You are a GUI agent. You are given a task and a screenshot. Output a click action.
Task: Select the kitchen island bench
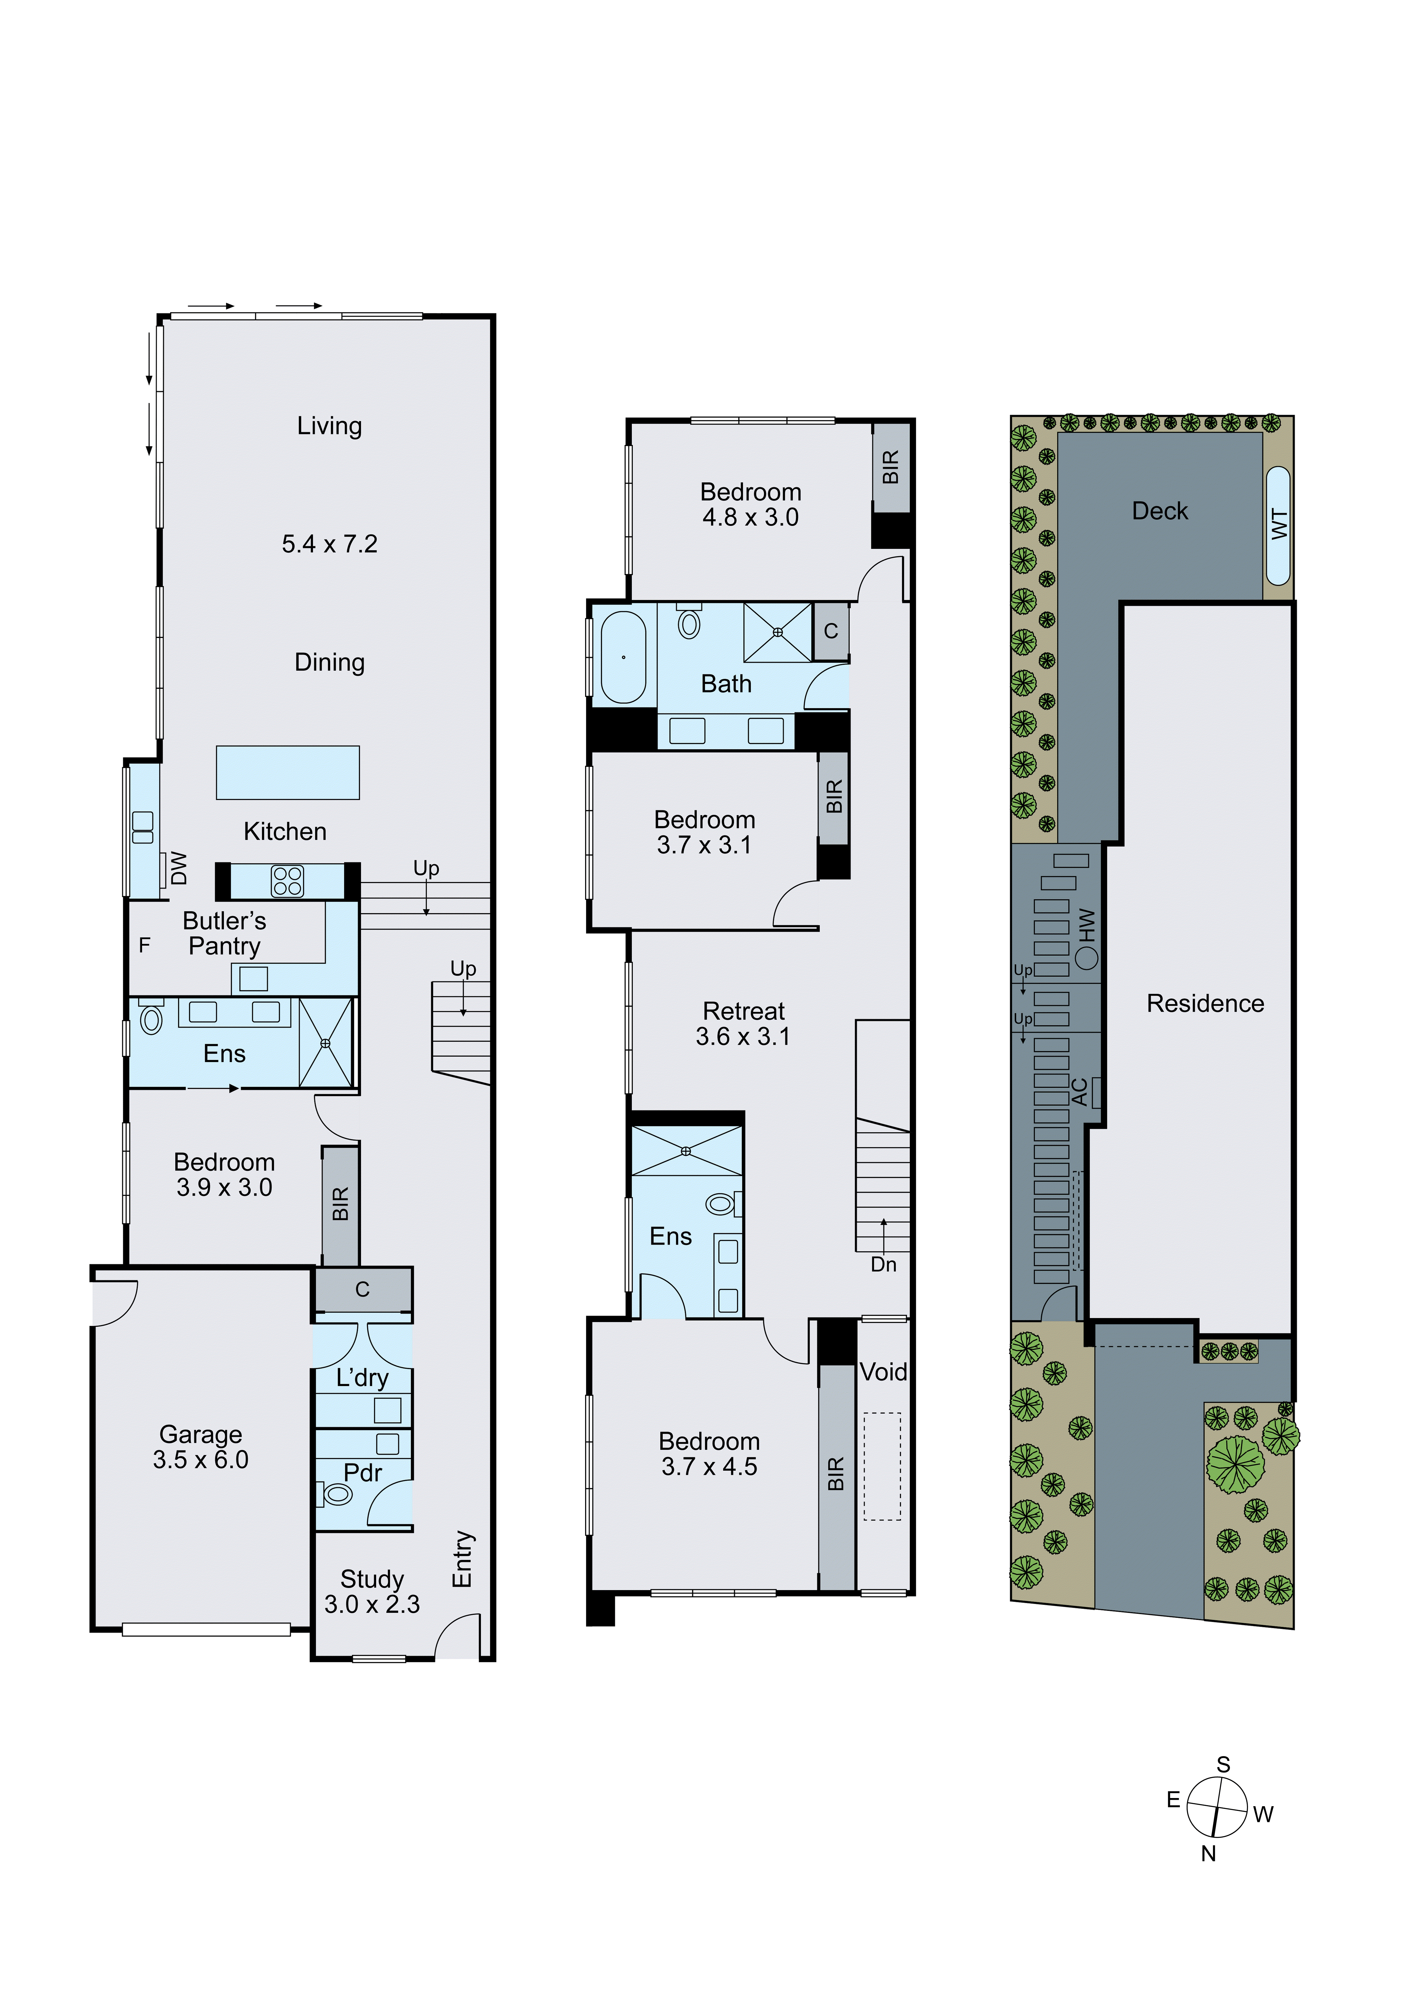click(x=288, y=772)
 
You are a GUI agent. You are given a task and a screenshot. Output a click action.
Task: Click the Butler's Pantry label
click(x=224, y=933)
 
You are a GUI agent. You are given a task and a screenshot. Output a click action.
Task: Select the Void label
click(x=883, y=1372)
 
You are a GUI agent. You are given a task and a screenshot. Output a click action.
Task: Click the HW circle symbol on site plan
click(x=1087, y=958)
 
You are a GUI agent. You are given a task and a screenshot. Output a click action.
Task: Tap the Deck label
click(x=1160, y=512)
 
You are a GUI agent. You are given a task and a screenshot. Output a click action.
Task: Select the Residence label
click(x=1205, y=1004)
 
